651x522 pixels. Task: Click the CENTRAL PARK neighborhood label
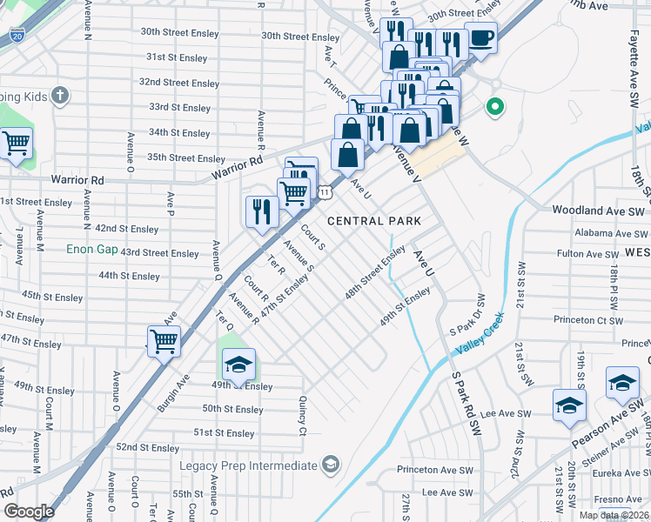click(373, 221)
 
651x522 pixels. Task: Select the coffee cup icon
click(480, 37)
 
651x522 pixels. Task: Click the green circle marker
click(495, 108)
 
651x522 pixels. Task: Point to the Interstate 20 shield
click(17, 36)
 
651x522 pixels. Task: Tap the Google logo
click(29, 512)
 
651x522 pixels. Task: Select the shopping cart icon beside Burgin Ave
click(164, 341)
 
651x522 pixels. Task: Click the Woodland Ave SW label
click(599, 211)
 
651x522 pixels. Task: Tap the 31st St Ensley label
click(177, 58)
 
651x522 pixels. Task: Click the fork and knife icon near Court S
click(261, 211)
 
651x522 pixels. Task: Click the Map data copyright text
click(614, 515)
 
